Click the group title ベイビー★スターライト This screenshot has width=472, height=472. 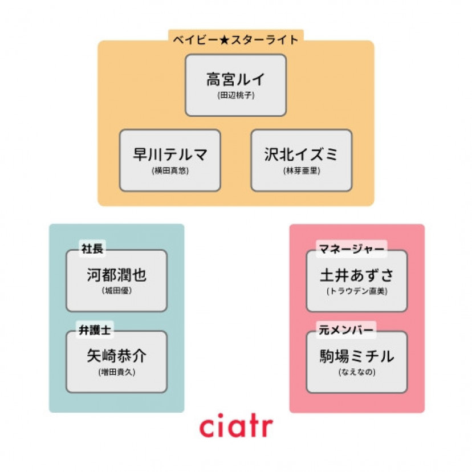click(x=236, y=40)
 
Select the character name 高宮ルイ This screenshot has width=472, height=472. click(x=235, y=79)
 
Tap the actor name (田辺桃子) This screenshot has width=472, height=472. click(x=235, y=95)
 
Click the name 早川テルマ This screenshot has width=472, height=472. click(x=170, y=154)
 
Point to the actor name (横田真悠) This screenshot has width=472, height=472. click(x=170, y=170)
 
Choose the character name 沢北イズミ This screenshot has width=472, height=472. click(x=301, y=154)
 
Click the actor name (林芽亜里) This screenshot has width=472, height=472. click(x=301, y=170)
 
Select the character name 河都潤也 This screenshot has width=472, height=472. click(x=117, y=275)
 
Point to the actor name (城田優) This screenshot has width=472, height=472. click(x=117, y=291)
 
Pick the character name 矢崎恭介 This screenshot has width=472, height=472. click(x=117, y=356)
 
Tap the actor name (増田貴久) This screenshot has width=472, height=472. click(x=117, y=372)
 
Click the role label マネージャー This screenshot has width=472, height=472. click(x=351, y=249)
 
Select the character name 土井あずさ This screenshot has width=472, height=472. click(x=357, y=275)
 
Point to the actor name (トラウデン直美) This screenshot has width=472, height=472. click(x=357, y=291)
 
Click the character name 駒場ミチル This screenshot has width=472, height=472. click(x=357, y=356)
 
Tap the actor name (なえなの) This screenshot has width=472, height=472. click(x=357, y=372)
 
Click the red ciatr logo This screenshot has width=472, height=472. click(x=236, y=427)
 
